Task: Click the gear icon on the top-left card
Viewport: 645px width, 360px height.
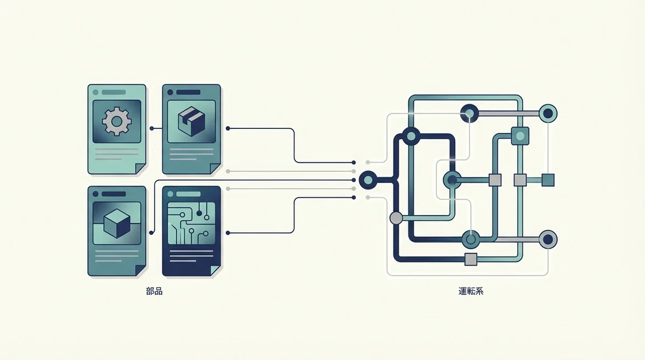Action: (117, 121)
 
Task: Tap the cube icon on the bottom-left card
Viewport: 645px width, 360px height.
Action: (117, 224)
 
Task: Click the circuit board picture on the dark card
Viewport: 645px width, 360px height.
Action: (191, 224)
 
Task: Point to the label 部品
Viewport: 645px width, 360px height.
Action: (154, 291)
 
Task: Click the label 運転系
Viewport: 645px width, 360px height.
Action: (471, 291)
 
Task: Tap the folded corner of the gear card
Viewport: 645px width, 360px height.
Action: (140, 169)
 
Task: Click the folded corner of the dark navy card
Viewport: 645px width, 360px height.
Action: (216, 271)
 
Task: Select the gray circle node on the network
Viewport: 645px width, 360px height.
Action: (396, 218)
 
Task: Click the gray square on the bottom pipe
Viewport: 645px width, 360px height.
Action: (471, 260)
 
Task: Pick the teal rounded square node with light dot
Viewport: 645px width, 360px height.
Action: (520, 136)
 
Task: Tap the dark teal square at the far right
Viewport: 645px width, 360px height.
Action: (548, 180)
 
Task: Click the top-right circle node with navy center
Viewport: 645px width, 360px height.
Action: (548, 113)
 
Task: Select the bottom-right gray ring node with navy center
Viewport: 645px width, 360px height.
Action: (548, 240)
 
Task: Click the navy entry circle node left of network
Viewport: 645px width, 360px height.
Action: (368, 180)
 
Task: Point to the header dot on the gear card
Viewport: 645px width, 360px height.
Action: (96, 92)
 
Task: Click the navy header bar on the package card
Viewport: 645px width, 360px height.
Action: (188, 92)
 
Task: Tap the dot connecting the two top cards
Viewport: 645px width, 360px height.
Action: (152, 128)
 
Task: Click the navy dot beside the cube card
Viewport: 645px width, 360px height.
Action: (152, 233)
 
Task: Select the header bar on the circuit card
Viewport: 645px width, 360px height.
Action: (188, 195)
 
